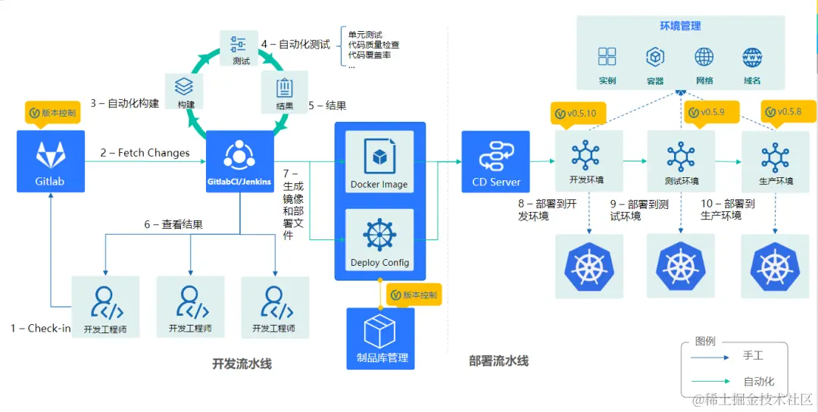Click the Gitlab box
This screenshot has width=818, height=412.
coord(50,163)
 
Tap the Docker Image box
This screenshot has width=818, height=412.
coord(379,162)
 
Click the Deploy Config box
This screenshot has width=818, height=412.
coord(379,241)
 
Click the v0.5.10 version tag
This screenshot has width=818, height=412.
coord(576,114)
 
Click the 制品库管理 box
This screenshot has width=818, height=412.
coord(381,338)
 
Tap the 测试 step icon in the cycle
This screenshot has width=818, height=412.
coord(242,48)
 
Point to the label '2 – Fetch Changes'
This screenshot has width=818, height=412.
coord(145,153)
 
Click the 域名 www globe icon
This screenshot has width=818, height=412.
coord(752,58)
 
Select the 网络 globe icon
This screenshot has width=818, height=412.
coord(704,58)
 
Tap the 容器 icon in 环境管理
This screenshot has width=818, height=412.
coord(655,58)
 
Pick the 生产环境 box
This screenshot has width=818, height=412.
coord(776,161)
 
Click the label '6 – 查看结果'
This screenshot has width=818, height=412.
coord(173,224)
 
